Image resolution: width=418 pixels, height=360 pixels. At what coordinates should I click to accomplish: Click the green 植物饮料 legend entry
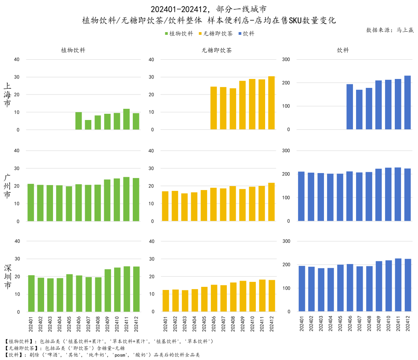(179, 34)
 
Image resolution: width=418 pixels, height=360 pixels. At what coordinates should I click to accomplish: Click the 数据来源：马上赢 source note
(390, 30)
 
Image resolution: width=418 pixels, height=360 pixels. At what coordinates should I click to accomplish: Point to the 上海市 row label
(7, 95)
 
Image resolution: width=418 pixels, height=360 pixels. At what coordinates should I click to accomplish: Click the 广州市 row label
(7, 186)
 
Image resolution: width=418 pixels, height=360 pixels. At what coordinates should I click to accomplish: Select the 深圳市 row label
(7, 277)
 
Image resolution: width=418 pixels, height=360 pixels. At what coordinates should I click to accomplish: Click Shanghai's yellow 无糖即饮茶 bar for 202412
(271, 103)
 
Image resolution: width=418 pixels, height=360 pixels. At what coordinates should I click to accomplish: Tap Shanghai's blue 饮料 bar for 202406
(349, 107)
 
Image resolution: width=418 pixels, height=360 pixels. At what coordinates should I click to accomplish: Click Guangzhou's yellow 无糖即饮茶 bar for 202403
(184, 207)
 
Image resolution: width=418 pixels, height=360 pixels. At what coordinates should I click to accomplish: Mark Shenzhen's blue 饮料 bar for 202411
(398, 285)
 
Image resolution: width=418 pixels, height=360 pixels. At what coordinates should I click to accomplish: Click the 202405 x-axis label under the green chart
(69, 324)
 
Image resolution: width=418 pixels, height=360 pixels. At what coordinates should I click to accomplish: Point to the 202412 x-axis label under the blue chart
(408, 324)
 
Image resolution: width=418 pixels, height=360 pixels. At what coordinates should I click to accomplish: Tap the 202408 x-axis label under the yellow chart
(233, 324)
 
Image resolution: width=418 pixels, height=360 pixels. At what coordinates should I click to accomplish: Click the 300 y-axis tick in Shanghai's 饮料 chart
(286, 59)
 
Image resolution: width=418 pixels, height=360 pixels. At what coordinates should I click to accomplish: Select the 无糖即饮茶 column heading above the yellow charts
(217, 50)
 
